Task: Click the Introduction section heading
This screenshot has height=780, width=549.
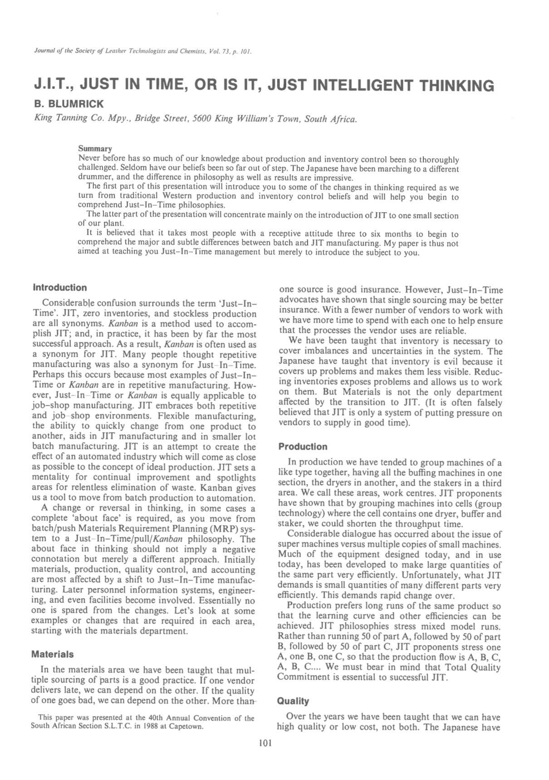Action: (60, 288)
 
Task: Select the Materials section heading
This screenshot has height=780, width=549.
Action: (52, 654)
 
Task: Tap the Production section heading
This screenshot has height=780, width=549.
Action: (303, 447)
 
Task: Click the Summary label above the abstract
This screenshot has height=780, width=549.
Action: (95, 149)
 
